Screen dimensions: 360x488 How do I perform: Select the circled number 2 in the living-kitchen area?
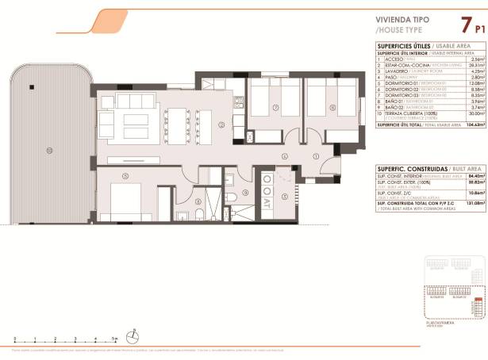tap(222, 124)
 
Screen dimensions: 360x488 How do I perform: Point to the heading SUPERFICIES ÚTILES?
tap(399, 46)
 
